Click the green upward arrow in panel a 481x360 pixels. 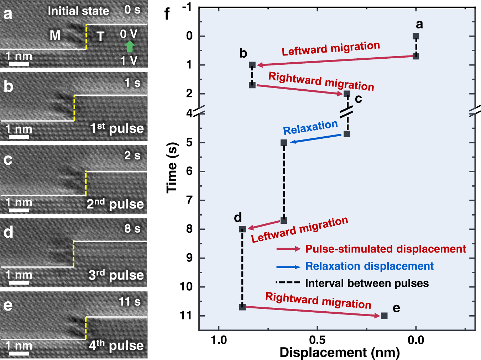pyautogui.click(x=130, y=47)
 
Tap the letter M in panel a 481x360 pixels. pyautogui.click(x=55, y=36)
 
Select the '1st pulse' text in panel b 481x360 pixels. pyautogui.click(x=117, y=128)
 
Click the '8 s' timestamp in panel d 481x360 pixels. pyautogui.click(x=132, y=228)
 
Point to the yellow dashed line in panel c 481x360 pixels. pyautogui.click(x=86, y=183)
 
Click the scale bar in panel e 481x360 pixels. pyautogui.click(x=19, y=354)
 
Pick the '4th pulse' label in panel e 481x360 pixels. pyautogui.click(x=116, y=345)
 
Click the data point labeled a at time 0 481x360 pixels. pyautogui.click(x=415, y=36)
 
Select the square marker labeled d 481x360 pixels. pyautogui.click(x=242, y=229)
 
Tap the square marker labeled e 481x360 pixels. pyautogui.click(x=384, y=316)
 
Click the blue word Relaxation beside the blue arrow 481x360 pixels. pyautogui.click(x=310, y=127)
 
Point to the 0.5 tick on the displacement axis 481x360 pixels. pyautogui.click(x=317, y=340)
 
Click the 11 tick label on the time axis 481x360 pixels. pyautogui.click(x=186, y=316)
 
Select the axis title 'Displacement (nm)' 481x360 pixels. pyautogui.click(x=339, y=353)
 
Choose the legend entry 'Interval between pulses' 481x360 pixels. pyautogui.click(x=367, y=283)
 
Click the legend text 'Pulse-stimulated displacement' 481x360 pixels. pyautogui.click(x=385, y=249)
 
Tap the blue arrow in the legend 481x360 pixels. pyautogui.click(x=288, y=266)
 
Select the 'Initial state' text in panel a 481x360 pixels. pyautogui.click(x=78, y=11)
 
